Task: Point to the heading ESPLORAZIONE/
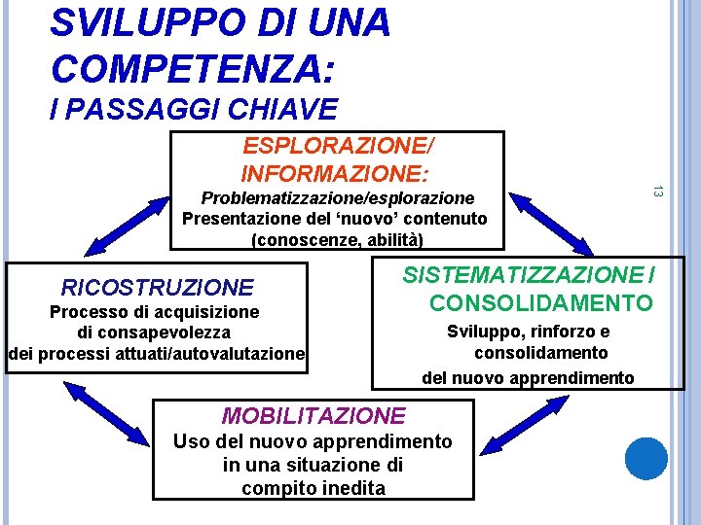(338, 147)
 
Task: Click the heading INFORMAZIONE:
(334, 174)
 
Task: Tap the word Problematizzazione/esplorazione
(329, 197)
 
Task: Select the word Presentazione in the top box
(232, 218)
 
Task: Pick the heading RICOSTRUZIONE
(157, 287)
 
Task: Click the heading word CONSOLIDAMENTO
(541, 302)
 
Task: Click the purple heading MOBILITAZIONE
(314, 415)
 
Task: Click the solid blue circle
(646, 458)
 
